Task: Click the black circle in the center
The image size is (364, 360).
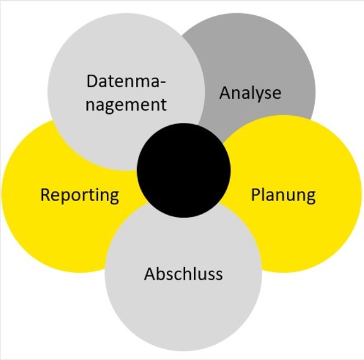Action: [x=184, y=170]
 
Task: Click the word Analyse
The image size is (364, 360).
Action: [x=250, y=94]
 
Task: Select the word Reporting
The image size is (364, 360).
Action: [x=80, y=196]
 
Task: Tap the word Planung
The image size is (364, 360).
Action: [x=283, y=196]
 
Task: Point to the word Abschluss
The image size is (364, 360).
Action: [x=183, y=273]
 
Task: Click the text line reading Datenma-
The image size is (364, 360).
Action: [x=126, y=82]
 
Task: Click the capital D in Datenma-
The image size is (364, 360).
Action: [x=92, y=82]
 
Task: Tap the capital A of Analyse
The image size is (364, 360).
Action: [x=226, y=93]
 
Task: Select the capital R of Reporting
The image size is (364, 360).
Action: [x=45, y=195]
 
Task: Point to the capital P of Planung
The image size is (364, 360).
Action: [x=256, y=195]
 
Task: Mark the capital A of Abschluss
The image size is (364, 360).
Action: [x=150, y=274]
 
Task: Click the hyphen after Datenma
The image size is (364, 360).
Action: [x=163, y=84]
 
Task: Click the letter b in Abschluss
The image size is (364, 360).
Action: [x=162, y=273]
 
